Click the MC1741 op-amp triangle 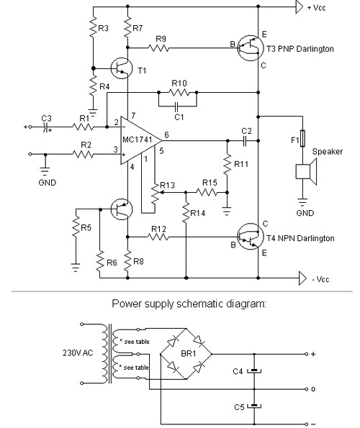pos(140,141)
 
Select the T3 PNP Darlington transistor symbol pos(250,48)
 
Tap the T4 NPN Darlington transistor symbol pos(250,237)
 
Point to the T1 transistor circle pos(122,68)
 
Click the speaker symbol pos(306,172)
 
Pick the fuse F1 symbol pos(302,138)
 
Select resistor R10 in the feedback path pos(179,93)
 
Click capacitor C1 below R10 pos(176,106)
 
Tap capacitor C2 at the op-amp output pos(245,141)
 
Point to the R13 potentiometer pos(155,193)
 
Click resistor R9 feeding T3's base pos(158,48)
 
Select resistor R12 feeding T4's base pos(158,237)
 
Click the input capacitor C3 pos(46,127)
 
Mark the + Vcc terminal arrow pos(300,6)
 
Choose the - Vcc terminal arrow pos(302,278)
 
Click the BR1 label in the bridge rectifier pos(189,353)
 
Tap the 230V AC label pos(78,353)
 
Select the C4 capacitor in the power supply pos(254,371)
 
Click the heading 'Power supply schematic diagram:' pos(189,304)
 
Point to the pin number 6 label pos(166,135)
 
